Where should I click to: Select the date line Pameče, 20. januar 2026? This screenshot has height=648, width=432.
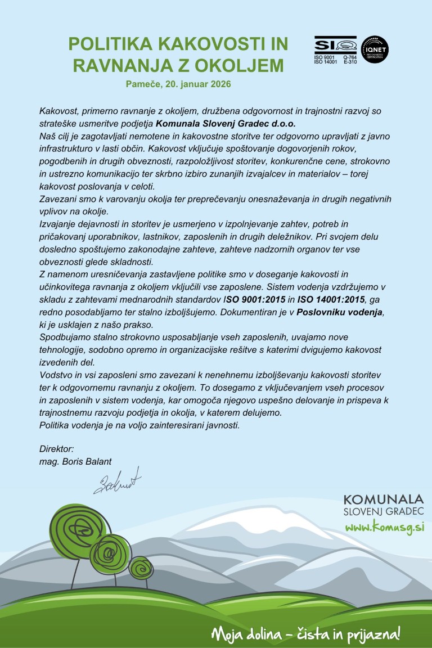click(178, 84)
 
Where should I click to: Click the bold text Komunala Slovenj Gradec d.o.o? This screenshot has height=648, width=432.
click(226, 124)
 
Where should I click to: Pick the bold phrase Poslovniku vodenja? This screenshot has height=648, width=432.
click(341, 312)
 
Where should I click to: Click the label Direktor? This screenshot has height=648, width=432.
click(56, 449)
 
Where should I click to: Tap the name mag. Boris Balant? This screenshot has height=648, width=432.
click(75, 461)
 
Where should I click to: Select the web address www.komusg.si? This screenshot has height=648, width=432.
click(384, 527)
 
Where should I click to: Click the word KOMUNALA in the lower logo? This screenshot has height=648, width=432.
click(383, 499)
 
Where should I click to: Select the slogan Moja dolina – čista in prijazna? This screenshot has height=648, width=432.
click(306, 634)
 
